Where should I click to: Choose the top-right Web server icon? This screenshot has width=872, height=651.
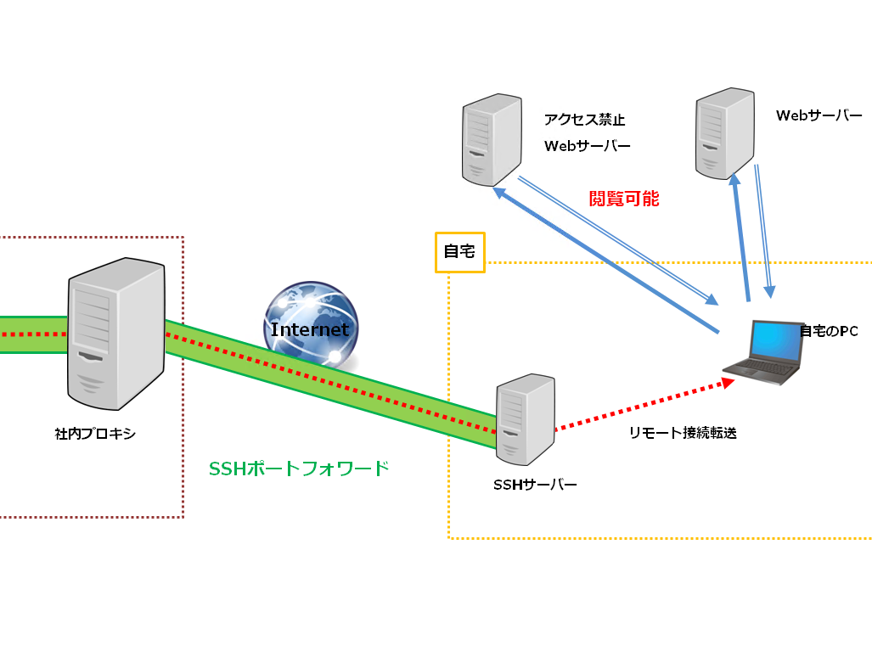725,132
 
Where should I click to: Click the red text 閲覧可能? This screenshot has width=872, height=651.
624,199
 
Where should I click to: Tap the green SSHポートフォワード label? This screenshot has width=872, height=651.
299,468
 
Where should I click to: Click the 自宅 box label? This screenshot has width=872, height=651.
460,252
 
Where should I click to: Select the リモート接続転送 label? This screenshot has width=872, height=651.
683,433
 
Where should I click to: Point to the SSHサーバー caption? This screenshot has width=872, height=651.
535,485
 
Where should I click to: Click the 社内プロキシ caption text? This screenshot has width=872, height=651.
95,435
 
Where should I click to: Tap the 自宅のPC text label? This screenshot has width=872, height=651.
829,331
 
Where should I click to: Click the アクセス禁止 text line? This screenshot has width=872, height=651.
584,120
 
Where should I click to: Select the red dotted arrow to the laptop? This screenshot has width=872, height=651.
645,407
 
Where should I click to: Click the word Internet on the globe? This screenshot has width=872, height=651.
310,329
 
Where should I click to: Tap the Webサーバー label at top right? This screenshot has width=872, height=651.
819,115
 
